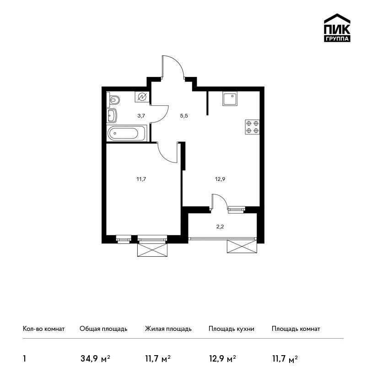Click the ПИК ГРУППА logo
pos(337,28)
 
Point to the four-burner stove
pos(253,127)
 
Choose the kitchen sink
pos(230,98)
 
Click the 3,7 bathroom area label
pos(141,116)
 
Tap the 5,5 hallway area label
pos(184,116)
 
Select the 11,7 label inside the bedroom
pos(141,179)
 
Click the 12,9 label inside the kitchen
pos(220,179)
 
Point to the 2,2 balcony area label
pos(220,227)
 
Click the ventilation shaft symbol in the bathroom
pos(142,97)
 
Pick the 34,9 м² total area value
pos(95,359)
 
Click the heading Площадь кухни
pos(231,329)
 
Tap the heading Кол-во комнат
pos(43,329)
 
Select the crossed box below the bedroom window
pos(152,249)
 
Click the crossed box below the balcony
pos(242,246)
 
